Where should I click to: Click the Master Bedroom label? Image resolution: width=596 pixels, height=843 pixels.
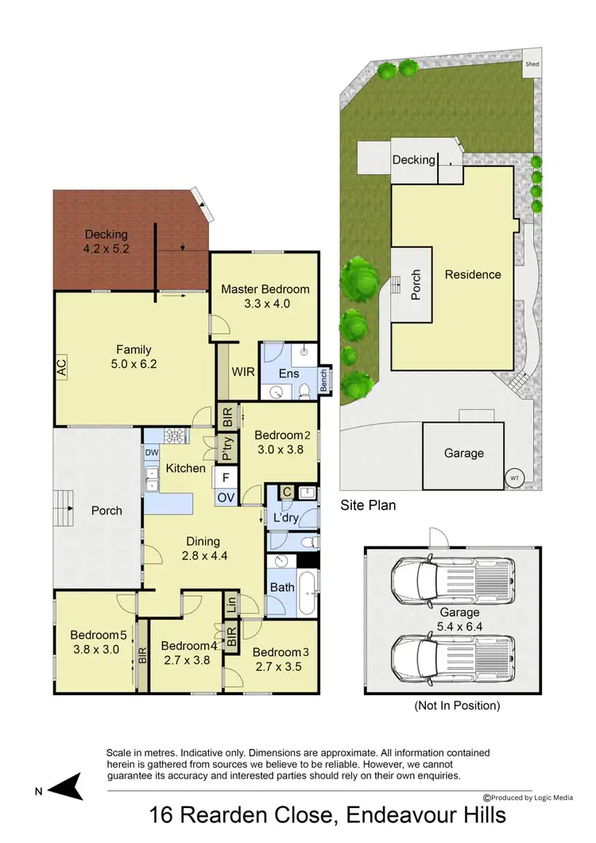[265, 288]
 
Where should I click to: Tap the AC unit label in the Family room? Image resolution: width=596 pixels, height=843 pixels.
[61, 366]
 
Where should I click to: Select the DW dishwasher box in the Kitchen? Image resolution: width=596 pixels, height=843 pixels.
[151, 452]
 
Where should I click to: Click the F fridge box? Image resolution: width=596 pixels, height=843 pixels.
[226, 478]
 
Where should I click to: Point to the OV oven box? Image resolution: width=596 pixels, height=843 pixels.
[226, 498]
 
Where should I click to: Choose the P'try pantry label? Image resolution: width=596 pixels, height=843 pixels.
[227, 448]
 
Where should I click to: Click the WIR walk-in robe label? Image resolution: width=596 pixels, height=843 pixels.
[242, 372]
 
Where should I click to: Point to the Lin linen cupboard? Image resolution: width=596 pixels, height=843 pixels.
[230, 603]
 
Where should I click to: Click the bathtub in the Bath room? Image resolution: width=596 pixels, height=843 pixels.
[306, 593]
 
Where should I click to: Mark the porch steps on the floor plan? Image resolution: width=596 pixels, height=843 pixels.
[62, 502]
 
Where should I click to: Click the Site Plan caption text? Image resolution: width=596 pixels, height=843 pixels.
[368, 505]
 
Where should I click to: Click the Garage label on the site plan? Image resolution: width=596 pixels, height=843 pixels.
[463, 453]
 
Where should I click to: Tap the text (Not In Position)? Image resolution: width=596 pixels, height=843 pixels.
[457, 705]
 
